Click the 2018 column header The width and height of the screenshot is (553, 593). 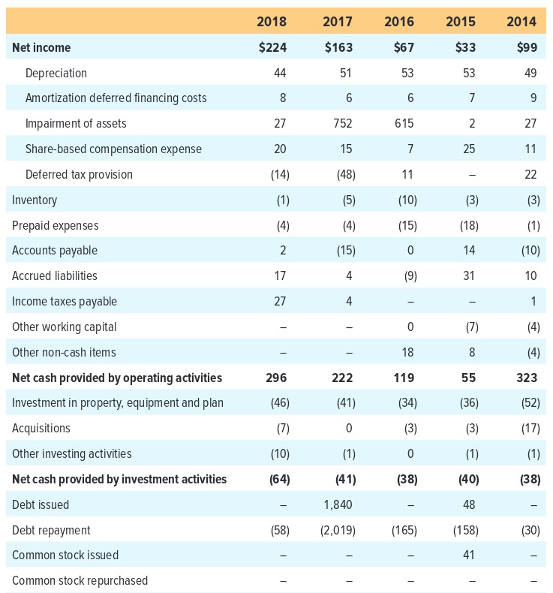click(272, 21)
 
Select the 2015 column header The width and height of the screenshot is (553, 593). click(461, 21)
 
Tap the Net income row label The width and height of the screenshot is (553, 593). click(41, 47)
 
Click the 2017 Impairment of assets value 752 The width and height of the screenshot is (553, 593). click(342, 124)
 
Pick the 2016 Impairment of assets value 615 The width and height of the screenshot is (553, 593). click(404, 124)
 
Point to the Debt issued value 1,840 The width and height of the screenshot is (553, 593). click(338, 504)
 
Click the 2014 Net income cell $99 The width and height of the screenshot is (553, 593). click(527, 47)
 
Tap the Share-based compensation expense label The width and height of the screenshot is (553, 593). click(113, 149)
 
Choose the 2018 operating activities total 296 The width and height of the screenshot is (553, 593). click(276, 378)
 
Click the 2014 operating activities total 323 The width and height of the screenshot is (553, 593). click(527, 378)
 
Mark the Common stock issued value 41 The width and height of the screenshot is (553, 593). click(469, 555)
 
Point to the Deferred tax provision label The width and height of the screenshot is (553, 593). click(79, 174)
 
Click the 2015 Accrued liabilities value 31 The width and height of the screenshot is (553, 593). click(469, 275)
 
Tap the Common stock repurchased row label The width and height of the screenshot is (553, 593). click(80, 580)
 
